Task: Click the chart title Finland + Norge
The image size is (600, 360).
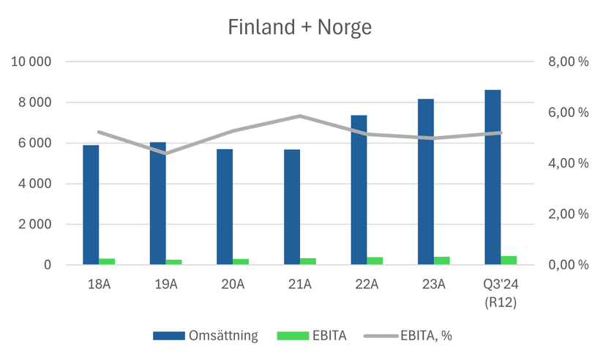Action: (x=300, y=28)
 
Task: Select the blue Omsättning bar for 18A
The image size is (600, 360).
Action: (x=91, y=205)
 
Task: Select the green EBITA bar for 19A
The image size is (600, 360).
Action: (x=174, y=262)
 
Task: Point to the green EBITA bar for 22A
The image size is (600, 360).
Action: (x=375, y=260)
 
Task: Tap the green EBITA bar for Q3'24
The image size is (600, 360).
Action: (x=509, y=260)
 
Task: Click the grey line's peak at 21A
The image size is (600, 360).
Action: (x=300, y=116)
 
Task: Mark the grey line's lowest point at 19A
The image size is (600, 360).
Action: (x=165, y=154)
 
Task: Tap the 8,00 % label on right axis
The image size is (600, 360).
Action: (x=569, y=62)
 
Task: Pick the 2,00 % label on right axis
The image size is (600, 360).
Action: (x=569, y=214)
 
